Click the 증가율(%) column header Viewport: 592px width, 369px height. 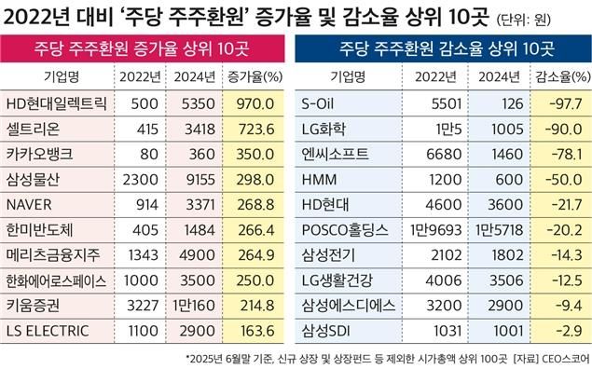point(250,75)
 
